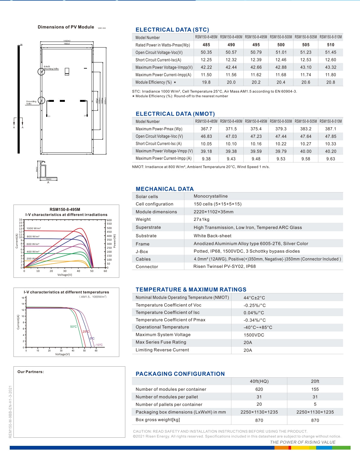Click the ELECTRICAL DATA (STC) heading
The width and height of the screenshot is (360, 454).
coord(172,30)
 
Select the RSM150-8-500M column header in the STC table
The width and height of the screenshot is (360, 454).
coord(281,37)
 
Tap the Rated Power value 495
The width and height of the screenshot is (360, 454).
coord(256,45)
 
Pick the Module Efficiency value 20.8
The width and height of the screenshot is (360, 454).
coord(331,82)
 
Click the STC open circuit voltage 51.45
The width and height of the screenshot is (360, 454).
coord(331,52)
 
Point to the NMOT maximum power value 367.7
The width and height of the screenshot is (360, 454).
coord(206,129)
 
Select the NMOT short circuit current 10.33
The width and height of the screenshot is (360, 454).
coord(331,144)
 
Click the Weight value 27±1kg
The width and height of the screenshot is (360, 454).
coord(201,219)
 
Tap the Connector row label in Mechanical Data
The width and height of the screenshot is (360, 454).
coord(147,267)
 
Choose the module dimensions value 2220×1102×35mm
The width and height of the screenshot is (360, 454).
coord(213,212)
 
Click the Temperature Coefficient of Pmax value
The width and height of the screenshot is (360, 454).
coord(254,320)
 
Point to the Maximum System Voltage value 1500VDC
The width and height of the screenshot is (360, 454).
coord(254,335)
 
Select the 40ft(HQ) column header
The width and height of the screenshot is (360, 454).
coord(259,381)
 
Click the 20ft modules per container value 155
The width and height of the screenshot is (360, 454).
coord(315,389)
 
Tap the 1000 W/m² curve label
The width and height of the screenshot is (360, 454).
coord(34,228)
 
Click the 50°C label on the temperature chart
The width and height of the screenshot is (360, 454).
coord(73,327)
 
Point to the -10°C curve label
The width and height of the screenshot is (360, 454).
coord(99,345)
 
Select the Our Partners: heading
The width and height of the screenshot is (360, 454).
coord(30,372)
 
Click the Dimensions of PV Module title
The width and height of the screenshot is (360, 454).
coord(66,27)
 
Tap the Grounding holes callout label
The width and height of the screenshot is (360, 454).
coord(31,102)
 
